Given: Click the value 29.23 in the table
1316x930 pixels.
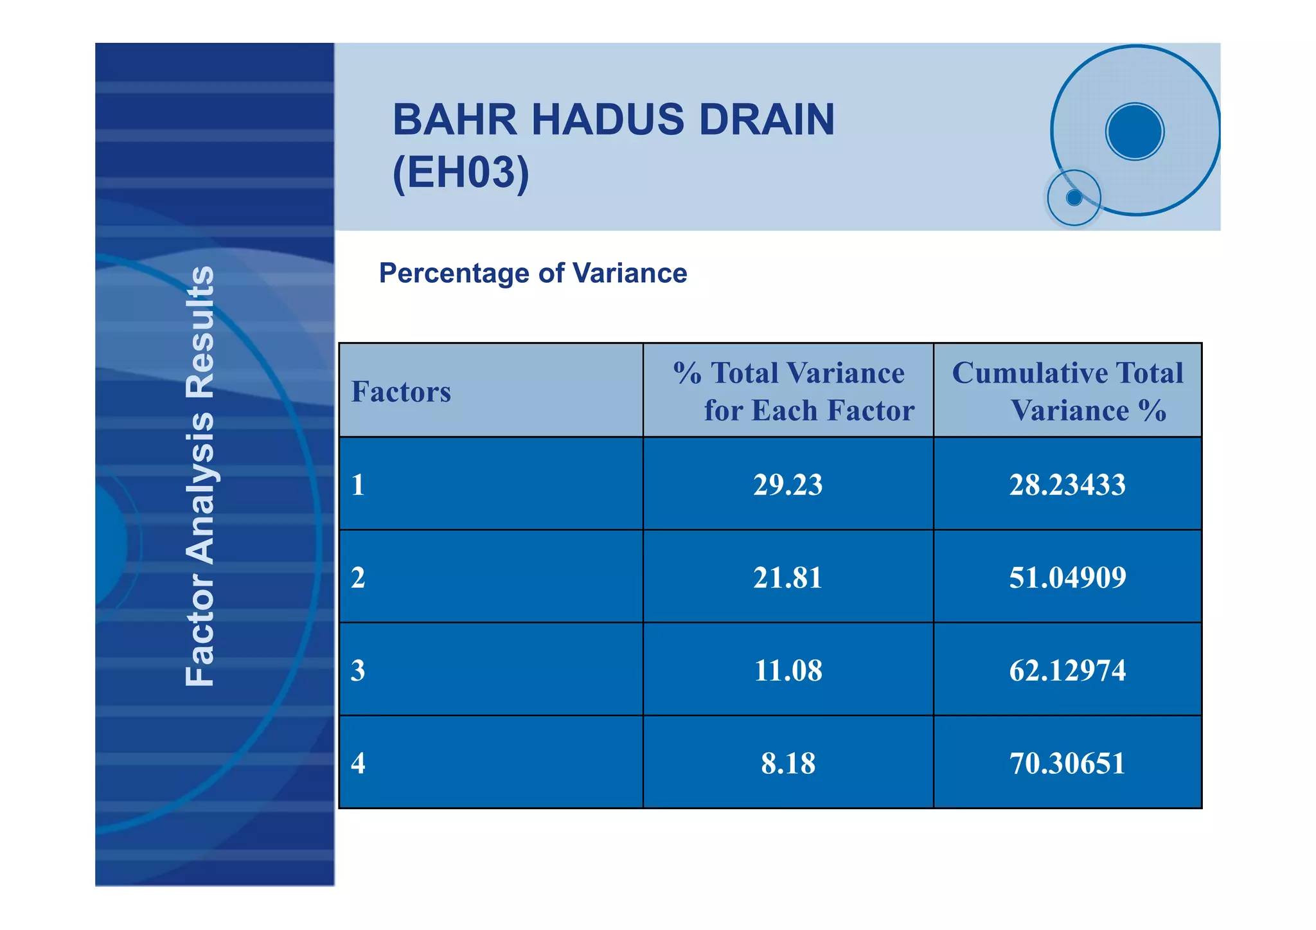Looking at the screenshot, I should (787, 485).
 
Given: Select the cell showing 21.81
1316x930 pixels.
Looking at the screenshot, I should (787, 577).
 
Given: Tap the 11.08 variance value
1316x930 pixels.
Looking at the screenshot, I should (787, 670).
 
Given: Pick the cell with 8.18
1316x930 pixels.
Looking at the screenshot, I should (787, 764).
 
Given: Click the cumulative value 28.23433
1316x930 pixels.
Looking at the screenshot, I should (1067, 485).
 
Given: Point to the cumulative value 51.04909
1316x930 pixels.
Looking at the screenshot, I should (1067, 577).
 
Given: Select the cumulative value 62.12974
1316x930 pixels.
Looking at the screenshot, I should (1067, 670).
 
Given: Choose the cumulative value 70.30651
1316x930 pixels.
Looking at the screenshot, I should (1067, 764).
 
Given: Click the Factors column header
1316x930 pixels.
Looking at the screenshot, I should (401, 392).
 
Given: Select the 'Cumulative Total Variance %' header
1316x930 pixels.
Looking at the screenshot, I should (1068, 391).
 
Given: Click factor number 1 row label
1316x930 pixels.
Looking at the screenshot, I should (358, 485).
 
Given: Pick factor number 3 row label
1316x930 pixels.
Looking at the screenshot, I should (358, 670).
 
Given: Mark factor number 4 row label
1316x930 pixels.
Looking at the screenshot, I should (358, 764).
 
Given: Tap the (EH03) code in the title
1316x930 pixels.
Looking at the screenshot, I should (461, 172).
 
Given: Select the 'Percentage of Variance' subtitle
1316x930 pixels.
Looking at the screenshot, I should (533, 273).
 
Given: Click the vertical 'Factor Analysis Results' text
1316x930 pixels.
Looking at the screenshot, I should (199, 476).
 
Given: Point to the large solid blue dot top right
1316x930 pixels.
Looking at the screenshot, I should (1134, 131).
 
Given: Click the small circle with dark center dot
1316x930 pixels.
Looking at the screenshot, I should (1074, 197).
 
